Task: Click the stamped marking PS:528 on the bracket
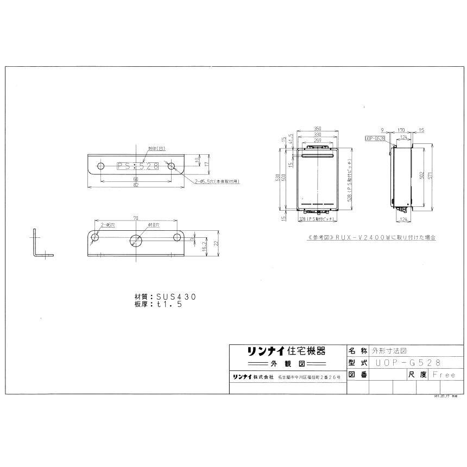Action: [x=137, y=167]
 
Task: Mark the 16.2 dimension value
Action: [x=203, y=245]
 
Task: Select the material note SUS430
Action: [x=168, y=297]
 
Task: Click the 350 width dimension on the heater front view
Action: [x=318, y=129]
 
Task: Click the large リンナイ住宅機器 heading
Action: [x=279, y=351]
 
